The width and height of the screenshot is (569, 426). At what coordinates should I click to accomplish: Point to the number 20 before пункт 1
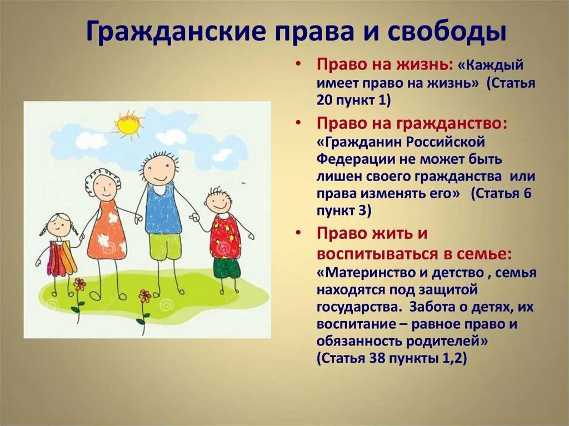[325, 99]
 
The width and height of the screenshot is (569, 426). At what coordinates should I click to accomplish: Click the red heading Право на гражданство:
[412, 123]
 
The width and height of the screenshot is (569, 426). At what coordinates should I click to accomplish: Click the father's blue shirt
[163, 210]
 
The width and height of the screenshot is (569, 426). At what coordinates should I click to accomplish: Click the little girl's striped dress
[61, 258]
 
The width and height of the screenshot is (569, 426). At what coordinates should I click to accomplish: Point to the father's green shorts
[165, 247]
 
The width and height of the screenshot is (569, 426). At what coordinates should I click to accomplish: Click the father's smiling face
[159, 171]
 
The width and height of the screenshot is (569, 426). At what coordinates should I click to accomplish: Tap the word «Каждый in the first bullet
[491, 66]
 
